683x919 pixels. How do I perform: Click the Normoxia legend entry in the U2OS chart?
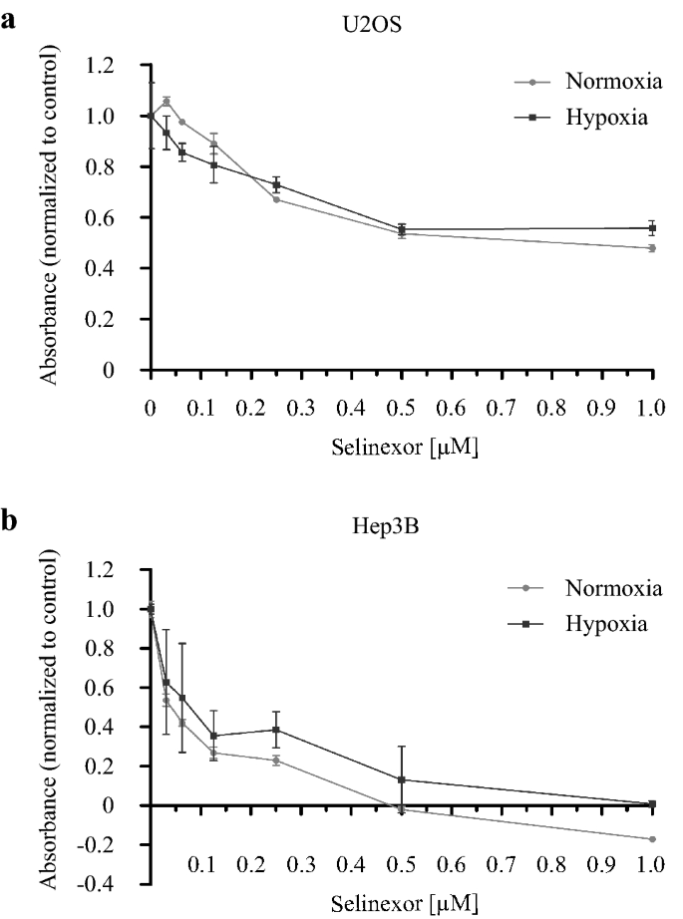(x=608, y=83)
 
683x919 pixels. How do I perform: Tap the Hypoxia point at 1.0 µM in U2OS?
(x=652, y=228)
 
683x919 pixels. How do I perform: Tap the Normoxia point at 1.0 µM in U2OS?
(x=652, y=248)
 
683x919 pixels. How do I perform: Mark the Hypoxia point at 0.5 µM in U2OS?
(x=401, y=230)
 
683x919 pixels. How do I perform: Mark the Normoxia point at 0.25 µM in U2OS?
(x=275, y=199)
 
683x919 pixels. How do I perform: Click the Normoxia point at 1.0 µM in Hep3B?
(x=652, y=839)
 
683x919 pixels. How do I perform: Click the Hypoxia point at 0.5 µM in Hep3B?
(x=401, y=779)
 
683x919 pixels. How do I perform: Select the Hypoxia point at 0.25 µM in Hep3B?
(x=275, y=730)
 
